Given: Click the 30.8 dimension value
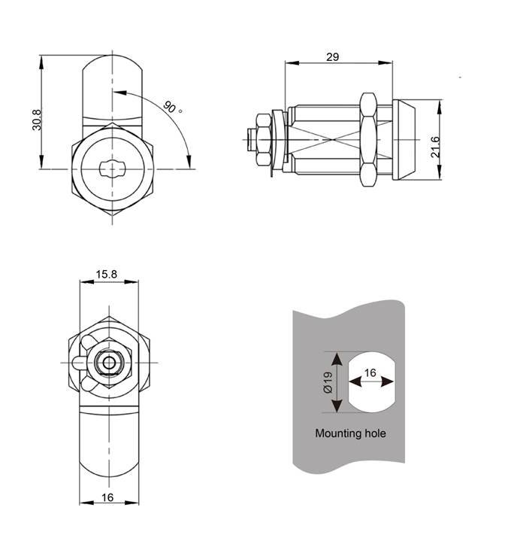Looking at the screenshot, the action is point(37,120).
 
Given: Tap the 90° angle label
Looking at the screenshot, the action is point(172,108).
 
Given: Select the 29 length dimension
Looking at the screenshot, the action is point(333,57).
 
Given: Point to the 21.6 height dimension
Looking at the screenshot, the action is point(435,147).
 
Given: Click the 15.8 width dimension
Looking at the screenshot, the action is point(107,275).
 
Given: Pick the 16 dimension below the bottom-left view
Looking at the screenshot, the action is point(107,497).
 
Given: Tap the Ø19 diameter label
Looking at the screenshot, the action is point(328,382).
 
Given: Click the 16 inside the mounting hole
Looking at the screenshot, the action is point(370,372).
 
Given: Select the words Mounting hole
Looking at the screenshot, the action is point(350,433).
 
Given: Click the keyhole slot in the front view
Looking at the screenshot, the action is point(112,169).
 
